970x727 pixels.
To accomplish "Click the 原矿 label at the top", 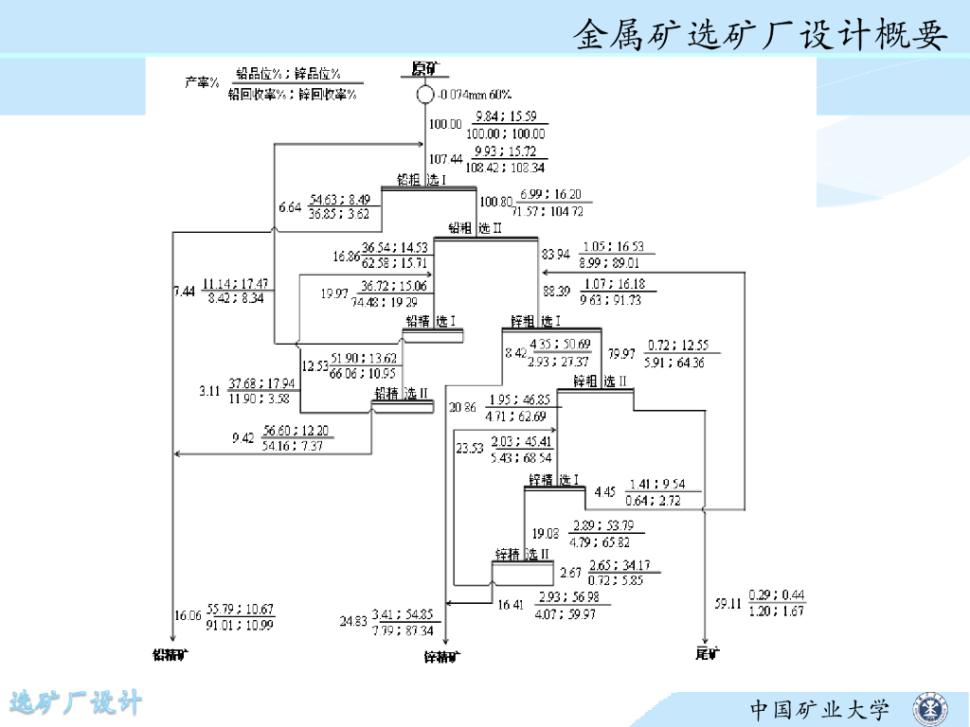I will tap(423, 68).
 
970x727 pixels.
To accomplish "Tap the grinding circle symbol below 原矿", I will tap(424, 95).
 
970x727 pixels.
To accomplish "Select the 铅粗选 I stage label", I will tap(422, 180).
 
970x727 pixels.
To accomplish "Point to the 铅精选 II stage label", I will tap(402, 393).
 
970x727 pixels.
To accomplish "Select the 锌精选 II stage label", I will tap(522, 554).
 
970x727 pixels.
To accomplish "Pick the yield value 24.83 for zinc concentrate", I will tap(352, 621).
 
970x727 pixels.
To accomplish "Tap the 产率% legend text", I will tap(202, 82).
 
